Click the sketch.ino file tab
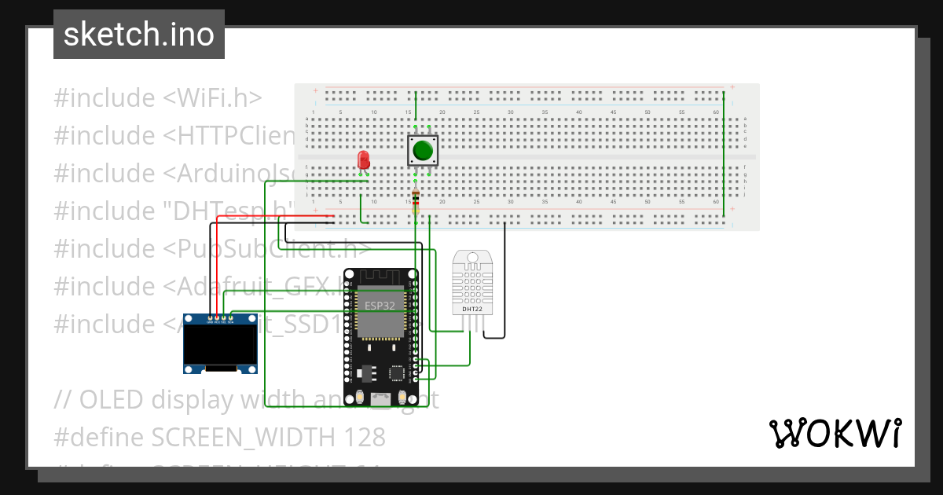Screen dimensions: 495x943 (x=139, y=35)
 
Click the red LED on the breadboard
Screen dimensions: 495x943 (x=363, y=160)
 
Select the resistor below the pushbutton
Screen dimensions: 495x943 (x=416, y=198)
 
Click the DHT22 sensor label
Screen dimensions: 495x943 (x=472, y=309)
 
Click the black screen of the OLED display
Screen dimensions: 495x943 (x=220, y=344)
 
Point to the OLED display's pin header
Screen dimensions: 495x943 (x=220, y=321)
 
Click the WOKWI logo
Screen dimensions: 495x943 (x=835, y=434)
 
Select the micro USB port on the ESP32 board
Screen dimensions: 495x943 (x=381, y=399)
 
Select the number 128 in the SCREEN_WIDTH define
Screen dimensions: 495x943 (x=365, y=436)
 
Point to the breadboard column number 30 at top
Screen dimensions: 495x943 (x=511, y=112)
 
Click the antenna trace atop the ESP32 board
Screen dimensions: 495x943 (x=381, y=277)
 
